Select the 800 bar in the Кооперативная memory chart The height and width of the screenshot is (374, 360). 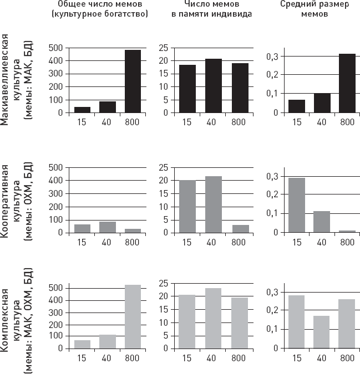(x=240, y=229)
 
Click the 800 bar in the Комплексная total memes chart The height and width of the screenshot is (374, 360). (x=133, y=316)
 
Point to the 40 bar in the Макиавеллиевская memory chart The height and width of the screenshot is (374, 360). (x=214, y=85)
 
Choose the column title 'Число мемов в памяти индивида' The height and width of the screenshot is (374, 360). (x=211, y=9)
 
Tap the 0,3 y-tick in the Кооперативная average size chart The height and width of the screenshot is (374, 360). (x=272, y=176)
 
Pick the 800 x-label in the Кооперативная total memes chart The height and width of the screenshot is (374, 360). (x=132, y=242)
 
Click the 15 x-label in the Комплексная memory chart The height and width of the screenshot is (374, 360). (x=187, y=358)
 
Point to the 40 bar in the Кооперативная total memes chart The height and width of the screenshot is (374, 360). (x=107, y=227)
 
